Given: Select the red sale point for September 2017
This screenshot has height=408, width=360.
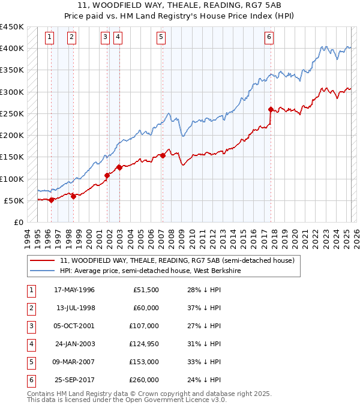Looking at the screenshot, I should [271, 109].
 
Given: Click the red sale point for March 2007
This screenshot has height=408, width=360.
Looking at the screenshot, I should [163, 155].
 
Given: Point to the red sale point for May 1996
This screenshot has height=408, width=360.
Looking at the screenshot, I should [51, 200].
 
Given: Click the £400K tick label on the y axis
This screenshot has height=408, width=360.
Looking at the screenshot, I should [12, 49].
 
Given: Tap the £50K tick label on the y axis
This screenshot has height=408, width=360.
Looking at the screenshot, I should [14, 200].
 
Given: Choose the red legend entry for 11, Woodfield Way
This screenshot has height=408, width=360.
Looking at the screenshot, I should [177, 261].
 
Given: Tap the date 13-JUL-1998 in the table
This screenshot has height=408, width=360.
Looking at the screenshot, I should [75, 308].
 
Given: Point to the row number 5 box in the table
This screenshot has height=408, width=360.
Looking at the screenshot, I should [30, 362].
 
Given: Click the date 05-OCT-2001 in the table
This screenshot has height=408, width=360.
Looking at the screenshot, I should [75, 326].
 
